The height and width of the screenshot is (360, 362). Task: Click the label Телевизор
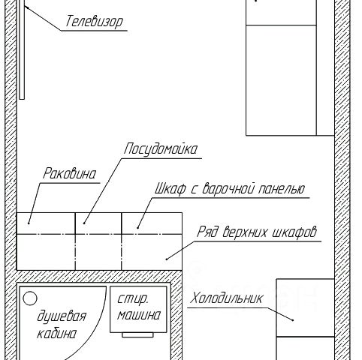tap(95, 22)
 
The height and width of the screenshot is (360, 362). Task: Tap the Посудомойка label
tap(161, 149)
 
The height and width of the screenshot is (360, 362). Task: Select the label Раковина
tap(69, 173)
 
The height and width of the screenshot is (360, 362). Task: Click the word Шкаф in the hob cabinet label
tap(170, 188)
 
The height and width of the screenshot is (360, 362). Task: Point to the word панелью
tap(282, 189)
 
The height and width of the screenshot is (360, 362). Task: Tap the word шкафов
tap(294, 232)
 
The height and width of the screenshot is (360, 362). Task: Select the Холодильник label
tap(227, 298)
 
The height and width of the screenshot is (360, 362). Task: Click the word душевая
tap(62, 316)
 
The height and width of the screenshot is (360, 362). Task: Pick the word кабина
tap(56, 334)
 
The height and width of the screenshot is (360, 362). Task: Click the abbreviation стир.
tap(133, 298)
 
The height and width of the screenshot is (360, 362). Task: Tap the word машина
tap(139, 315)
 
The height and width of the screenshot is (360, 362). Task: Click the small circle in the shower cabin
tap(30, 298)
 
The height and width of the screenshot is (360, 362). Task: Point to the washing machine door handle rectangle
tap(137, 335)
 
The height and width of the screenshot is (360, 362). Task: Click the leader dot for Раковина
tap(29, 223)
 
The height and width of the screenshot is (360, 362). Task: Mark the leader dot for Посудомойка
tap(84, 223)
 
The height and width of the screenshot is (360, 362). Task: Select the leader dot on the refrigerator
tap(293, 320)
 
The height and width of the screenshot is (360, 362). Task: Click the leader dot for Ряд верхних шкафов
tap(167, 259)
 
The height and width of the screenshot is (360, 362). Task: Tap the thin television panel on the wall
tap(22, 49)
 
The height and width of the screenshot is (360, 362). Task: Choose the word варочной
tap(228, 189)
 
